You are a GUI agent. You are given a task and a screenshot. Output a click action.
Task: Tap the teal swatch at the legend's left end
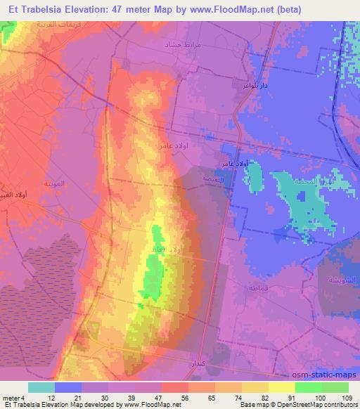(41, 387)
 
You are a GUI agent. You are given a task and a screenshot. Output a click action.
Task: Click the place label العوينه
(56, 183)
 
